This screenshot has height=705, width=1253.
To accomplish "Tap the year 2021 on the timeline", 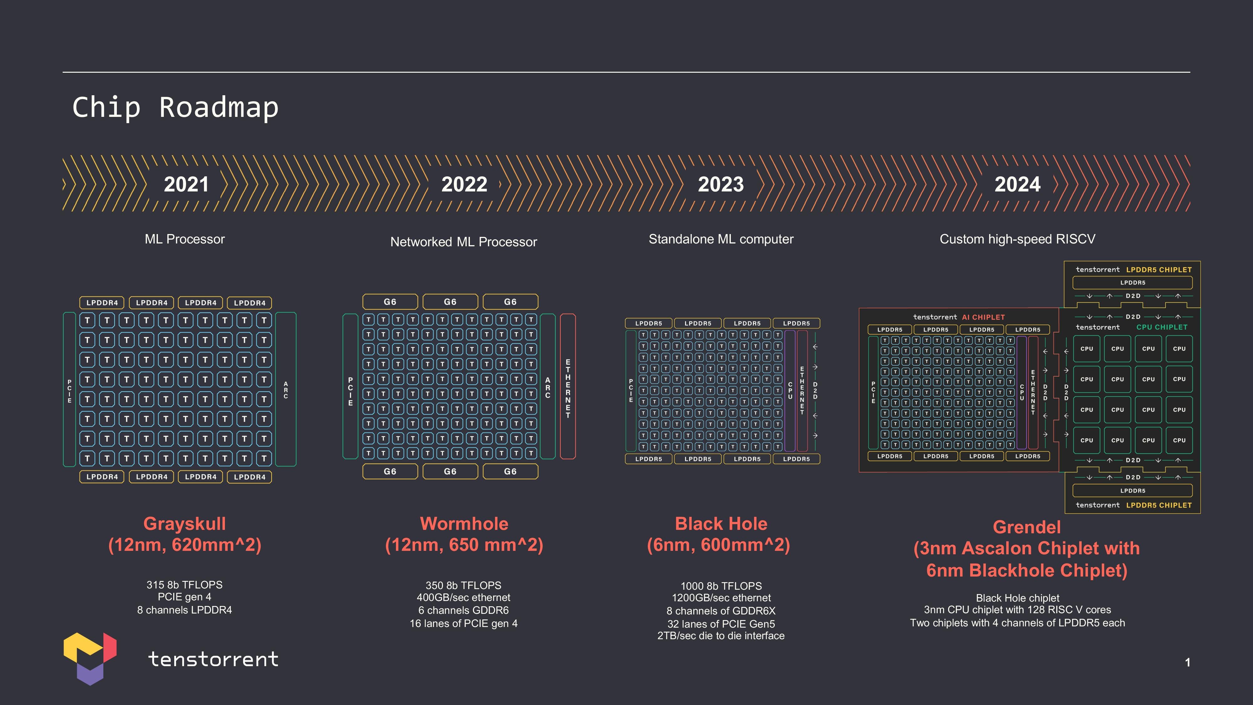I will [186, 185].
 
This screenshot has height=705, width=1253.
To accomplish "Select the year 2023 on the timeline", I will [720, 185].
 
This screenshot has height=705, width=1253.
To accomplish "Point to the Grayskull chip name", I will [185, 524].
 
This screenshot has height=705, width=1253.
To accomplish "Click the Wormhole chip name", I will [464, 524].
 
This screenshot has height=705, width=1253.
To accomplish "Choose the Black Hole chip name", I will [721, 524].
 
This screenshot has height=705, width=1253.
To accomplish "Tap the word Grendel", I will [1026, 527].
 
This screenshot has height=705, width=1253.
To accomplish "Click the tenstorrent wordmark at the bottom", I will [213, 659].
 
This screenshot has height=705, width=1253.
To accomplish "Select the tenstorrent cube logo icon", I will [90, 658].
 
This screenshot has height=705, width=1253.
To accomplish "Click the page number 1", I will [1187, 662].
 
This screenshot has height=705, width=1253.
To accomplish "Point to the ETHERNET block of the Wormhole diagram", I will [568, 387].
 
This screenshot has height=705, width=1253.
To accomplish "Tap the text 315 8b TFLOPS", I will [185, 585].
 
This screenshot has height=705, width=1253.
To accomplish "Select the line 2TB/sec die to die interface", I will [720, 636].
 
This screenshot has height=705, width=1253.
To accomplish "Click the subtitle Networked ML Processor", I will [464, 242].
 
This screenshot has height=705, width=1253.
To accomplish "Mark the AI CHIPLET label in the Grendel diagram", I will [983, 317].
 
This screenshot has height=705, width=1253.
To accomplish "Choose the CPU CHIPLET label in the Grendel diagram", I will [1162, 327].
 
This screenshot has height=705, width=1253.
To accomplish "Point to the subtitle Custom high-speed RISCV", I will [1017, 239].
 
